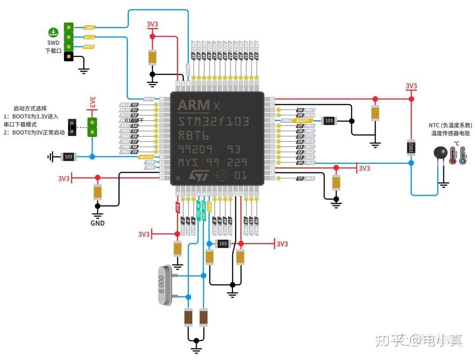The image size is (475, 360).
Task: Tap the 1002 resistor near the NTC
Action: click(411, 147)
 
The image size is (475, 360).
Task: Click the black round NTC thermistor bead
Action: click(440, 153)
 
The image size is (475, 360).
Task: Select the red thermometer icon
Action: click(453, 155)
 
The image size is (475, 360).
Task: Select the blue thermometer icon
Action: click(463, 155)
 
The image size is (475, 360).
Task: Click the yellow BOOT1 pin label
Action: click(303, 120)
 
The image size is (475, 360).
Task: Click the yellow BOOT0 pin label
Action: click(146, 157)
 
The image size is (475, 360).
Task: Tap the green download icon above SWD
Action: click(53, 32)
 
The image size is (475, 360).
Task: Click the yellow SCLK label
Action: click(89, 37)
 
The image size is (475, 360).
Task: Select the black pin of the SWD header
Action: click(69, 56)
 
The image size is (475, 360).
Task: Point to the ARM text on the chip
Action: click(194, 106)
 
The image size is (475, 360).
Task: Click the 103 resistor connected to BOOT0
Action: click(69, 157)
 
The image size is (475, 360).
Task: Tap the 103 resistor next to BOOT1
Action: click(329, 120)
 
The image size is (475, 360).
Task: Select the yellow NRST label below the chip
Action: click(210, 207)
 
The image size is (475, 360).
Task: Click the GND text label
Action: click(98, 223)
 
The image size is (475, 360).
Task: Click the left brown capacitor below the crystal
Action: click(188, 317)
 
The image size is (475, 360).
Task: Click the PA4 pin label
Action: click(310, 162)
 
